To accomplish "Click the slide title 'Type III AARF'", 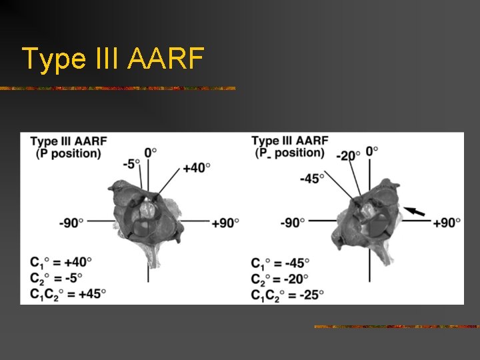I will click(113, 59).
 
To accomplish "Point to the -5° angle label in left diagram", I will click(131, 163).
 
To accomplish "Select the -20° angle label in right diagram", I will click(347, 155).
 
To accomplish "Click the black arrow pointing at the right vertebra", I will click(415, 211).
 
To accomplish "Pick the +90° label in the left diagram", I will click(225, 223).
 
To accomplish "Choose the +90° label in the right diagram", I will click(447, 222).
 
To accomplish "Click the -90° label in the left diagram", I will click(71, 223).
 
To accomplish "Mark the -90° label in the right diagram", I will click(293, 222).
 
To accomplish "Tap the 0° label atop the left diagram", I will click(151, 151).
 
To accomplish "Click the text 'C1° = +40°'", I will click(61, 262).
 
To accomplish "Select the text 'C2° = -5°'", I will click(57, 277).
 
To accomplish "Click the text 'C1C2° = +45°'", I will click(68, 293).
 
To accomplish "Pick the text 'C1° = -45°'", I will click(281, 263).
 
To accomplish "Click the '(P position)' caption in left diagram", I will click(69, 153).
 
